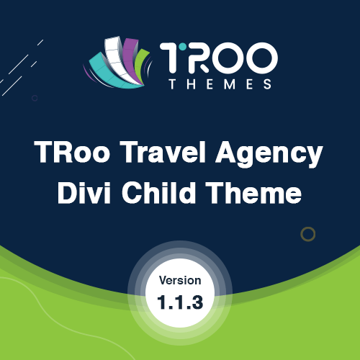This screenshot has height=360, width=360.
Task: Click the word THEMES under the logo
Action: (x=220, y=84)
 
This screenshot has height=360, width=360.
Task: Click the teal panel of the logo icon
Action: (x=113, y=72)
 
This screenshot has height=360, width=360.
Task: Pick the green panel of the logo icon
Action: (x=140, y=65)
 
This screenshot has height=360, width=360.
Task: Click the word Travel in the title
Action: (x=163, y=152)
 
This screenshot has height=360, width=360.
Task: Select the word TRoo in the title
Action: (x=72, y=152)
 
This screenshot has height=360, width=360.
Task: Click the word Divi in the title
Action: (x=84, y=193)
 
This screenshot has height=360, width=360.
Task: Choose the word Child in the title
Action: (x=158, y=193)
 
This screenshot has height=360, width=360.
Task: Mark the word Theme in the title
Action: (x=254, y=193)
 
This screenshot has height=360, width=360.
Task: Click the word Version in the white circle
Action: (x=180, y=281)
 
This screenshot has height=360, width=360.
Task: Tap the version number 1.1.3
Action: (x=180, y=302)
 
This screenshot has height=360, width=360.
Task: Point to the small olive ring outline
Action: (x=308, y=227)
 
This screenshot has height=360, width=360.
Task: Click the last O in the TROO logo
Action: (x=263, y=58)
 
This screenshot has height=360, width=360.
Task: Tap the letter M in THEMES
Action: (x=229, y=84)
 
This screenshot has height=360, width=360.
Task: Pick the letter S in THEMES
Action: (x=268, y=84)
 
